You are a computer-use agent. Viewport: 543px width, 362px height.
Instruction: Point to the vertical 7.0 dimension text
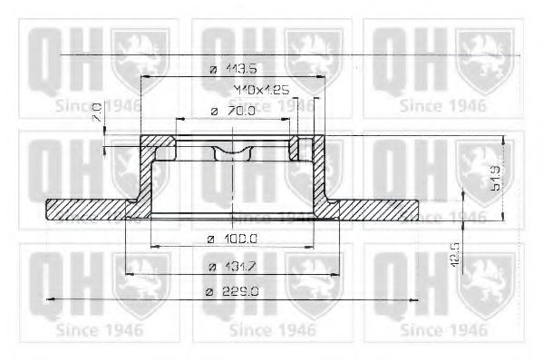[96, 112]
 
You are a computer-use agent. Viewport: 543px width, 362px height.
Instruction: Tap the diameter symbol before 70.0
[211, 111]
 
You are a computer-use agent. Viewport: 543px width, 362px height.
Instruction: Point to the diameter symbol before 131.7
[211, 267]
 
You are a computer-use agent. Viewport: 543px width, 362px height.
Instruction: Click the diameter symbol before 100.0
[210, 238]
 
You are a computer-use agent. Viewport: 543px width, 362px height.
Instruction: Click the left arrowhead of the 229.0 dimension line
[49, 298]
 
